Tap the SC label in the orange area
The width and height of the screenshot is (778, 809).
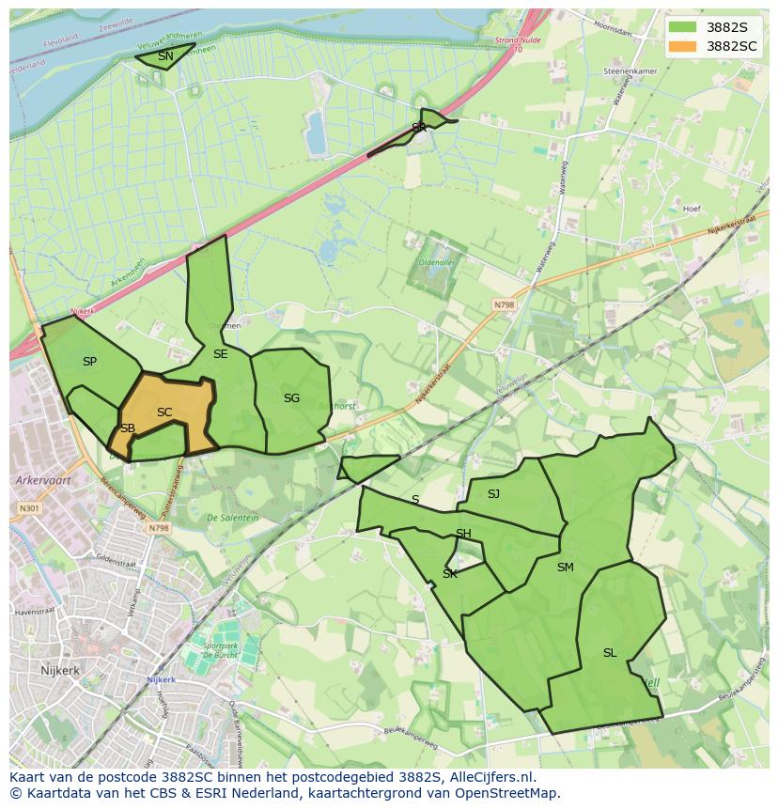(x=164, y=412)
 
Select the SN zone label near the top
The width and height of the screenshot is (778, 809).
(x=165, y=56)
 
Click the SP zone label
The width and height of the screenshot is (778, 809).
(x=89, y=362)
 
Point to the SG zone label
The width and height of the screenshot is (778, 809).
(x=291, y=398)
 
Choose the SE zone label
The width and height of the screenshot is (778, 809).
(x=220, y=354)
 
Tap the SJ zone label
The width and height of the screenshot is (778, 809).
(x=493, y=493)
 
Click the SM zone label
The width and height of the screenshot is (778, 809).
(x=565, y=568)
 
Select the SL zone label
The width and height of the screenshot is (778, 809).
(x=610, y=653)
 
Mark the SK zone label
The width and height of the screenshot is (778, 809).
(x=450, y=573)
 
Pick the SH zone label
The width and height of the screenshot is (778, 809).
(x=463, y=534)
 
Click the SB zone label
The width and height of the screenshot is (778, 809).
(x=128, y=428)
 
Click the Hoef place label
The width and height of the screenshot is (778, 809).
(x=692, y=209)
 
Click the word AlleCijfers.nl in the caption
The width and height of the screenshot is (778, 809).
(x=492, y=777)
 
